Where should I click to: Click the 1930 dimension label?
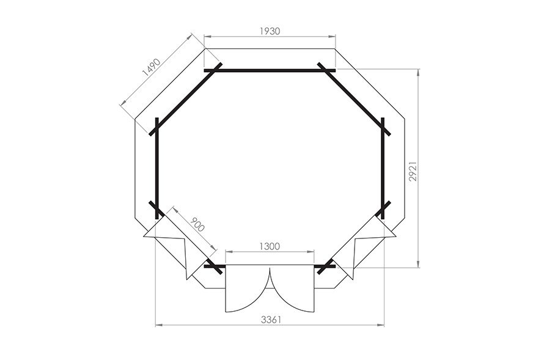tap(270, 31)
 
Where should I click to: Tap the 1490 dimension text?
tap(151, 67)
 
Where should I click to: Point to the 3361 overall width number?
tap(271, 320)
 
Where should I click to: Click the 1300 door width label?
tap(270, 246)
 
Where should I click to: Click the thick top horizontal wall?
tap(270, 70)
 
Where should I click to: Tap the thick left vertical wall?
tap(157, 168)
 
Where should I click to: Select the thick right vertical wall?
tap(383, 168)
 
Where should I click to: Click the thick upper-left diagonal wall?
tap(186, 99)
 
